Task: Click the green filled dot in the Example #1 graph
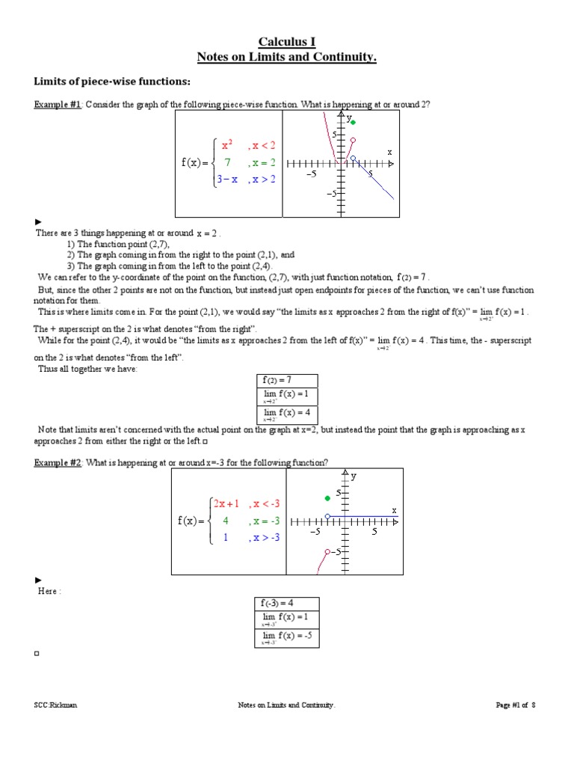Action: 354,123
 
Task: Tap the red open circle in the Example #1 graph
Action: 353,140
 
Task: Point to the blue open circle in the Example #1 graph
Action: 354,158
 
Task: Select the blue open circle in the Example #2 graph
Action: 327,516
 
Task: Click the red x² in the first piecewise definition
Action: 227,144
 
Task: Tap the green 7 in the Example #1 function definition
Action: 227,162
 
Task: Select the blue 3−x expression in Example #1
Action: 227,180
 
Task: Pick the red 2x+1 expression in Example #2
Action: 227,503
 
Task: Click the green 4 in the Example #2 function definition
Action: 226,521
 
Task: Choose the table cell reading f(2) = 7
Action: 287,381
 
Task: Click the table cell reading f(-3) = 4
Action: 287,603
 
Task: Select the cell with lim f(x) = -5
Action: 287,637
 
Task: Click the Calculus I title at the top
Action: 287,42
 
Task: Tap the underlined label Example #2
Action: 58,463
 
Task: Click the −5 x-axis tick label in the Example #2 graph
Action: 315,532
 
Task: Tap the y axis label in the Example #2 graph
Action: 354,476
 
